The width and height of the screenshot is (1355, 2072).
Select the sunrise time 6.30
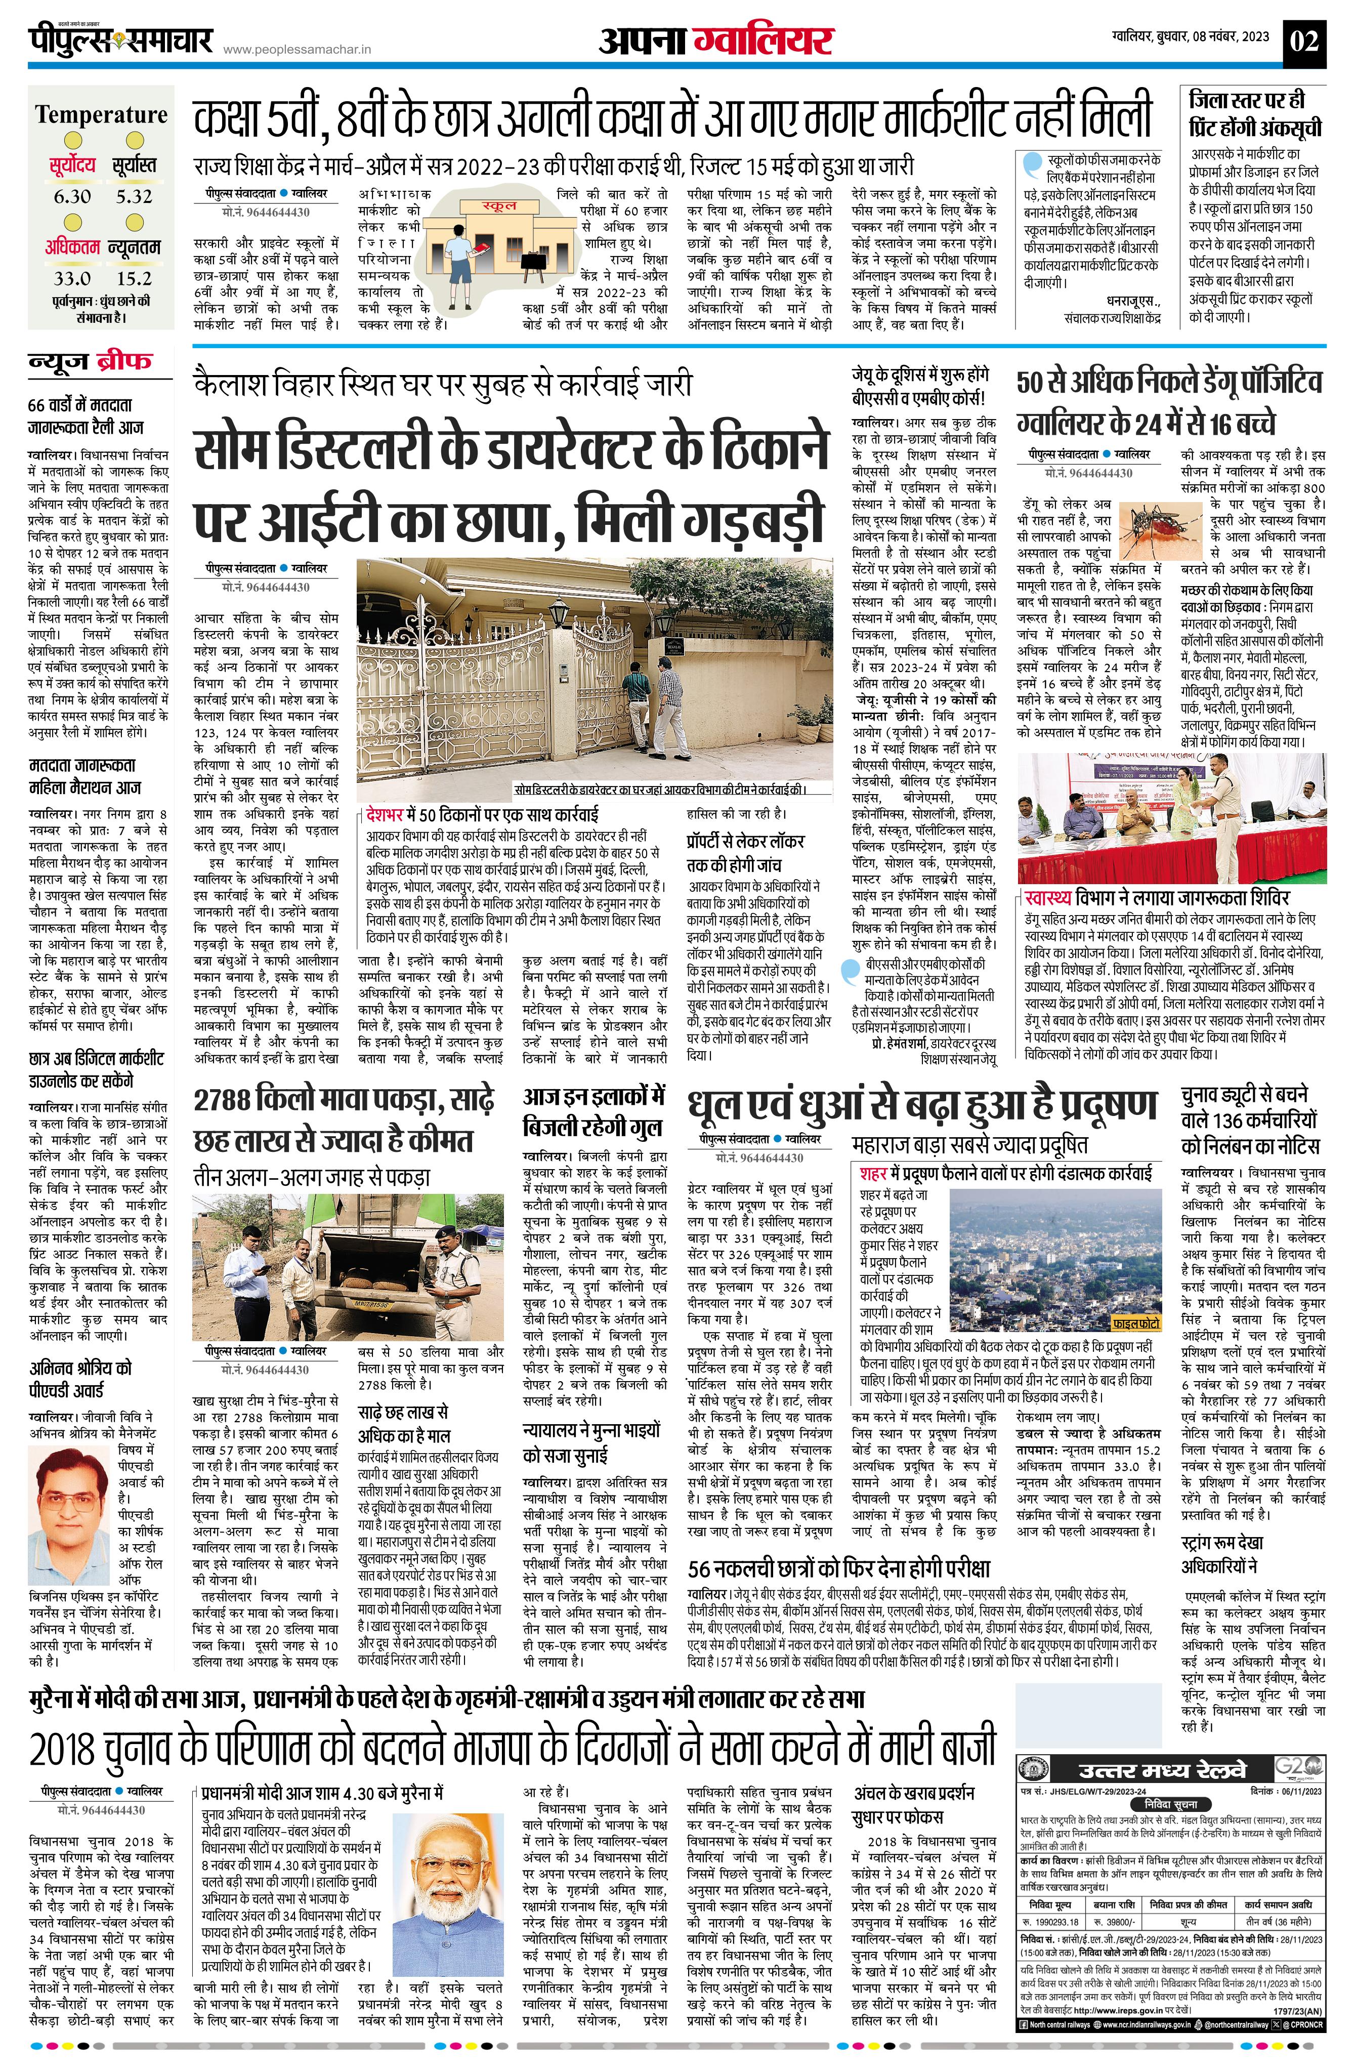tap(72, 196)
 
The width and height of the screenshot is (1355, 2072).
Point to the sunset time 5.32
tap(134, 196)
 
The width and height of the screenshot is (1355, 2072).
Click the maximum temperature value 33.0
tap(72, 278)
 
